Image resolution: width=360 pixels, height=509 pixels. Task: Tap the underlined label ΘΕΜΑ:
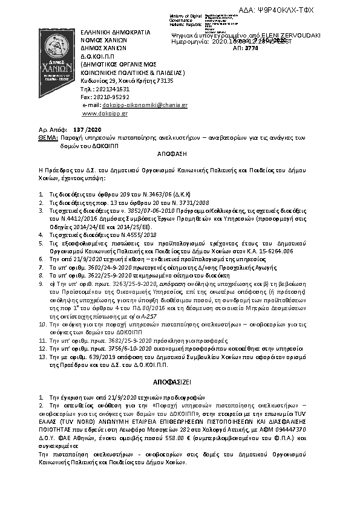(40, 138)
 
